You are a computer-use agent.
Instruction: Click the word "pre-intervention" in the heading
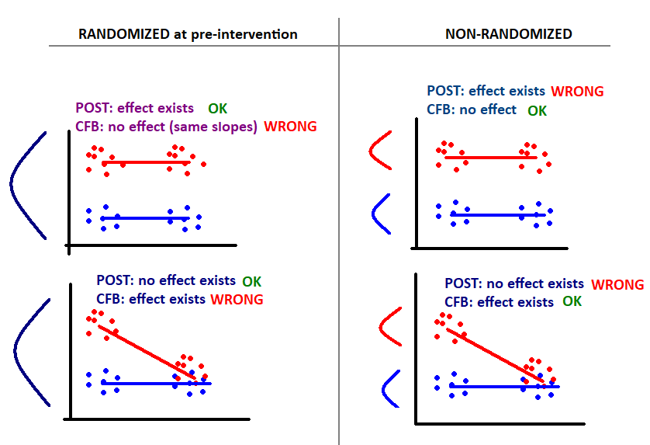(244, 34)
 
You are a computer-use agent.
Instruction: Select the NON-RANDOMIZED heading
(509, 34)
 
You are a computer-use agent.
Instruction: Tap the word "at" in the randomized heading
(180, 34)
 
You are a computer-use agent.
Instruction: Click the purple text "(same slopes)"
(213, 126)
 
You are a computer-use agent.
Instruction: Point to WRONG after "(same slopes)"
(290, 126)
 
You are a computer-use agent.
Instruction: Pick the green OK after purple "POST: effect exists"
(218, 109)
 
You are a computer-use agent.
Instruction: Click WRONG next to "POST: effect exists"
(577, 92)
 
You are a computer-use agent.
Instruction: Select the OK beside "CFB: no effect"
(538, 111)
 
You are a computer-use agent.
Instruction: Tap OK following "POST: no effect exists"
(251, 281)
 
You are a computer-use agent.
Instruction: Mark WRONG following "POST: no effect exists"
(617, 285)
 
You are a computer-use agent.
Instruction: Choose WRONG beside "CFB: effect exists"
(237, 299)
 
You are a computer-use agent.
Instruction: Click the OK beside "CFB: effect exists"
(572, 301)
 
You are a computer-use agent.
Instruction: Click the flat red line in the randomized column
(146, 162)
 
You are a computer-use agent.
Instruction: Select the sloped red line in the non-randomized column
(495, 356)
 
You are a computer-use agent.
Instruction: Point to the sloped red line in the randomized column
(147, 353)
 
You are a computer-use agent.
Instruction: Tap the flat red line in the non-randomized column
(491, 158)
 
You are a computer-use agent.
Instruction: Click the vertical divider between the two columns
(339, 231)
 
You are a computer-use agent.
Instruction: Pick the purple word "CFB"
(87, 126)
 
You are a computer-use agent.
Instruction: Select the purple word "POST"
(92, 108)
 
